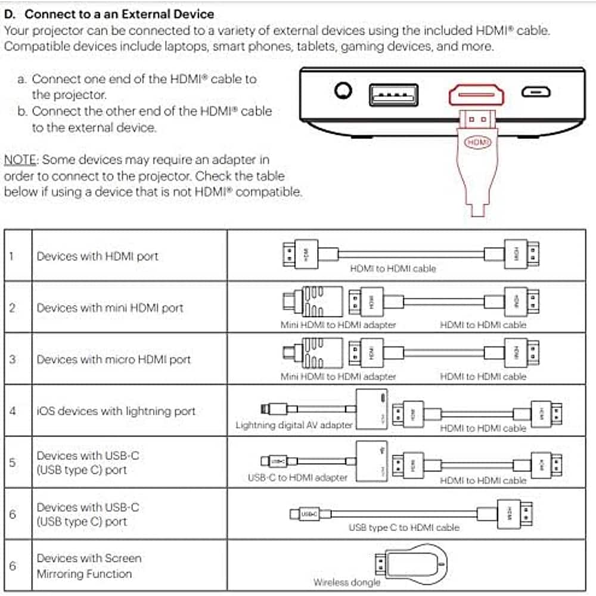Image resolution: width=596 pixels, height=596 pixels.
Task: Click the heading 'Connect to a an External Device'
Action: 119,14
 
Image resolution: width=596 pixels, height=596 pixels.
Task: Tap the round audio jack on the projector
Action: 343,92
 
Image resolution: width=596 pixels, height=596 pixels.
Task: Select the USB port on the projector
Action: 393,94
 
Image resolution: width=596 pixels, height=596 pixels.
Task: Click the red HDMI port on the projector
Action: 476,94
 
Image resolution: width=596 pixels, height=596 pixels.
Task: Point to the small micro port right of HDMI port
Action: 536,92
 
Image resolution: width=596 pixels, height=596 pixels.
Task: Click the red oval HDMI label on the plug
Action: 477,142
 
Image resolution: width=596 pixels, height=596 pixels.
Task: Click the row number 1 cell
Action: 12,256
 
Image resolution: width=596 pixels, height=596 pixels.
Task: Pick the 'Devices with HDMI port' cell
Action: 98,256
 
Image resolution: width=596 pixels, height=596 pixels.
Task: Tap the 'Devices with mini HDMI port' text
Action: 110,308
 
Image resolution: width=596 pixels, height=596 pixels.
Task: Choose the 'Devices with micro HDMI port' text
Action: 114,359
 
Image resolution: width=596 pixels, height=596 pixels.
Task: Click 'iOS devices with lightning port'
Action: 116,411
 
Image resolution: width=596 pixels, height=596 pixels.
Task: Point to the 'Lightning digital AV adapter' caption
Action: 294,425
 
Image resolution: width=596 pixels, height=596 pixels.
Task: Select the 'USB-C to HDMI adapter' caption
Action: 297,477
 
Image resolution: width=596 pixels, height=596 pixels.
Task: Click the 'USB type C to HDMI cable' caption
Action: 404,527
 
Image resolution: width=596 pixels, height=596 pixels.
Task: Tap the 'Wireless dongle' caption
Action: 346,582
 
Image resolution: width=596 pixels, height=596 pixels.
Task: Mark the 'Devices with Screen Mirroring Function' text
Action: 89,566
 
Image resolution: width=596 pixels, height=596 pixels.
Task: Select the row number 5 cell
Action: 12,462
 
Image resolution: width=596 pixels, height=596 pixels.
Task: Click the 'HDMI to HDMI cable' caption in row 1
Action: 393,269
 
